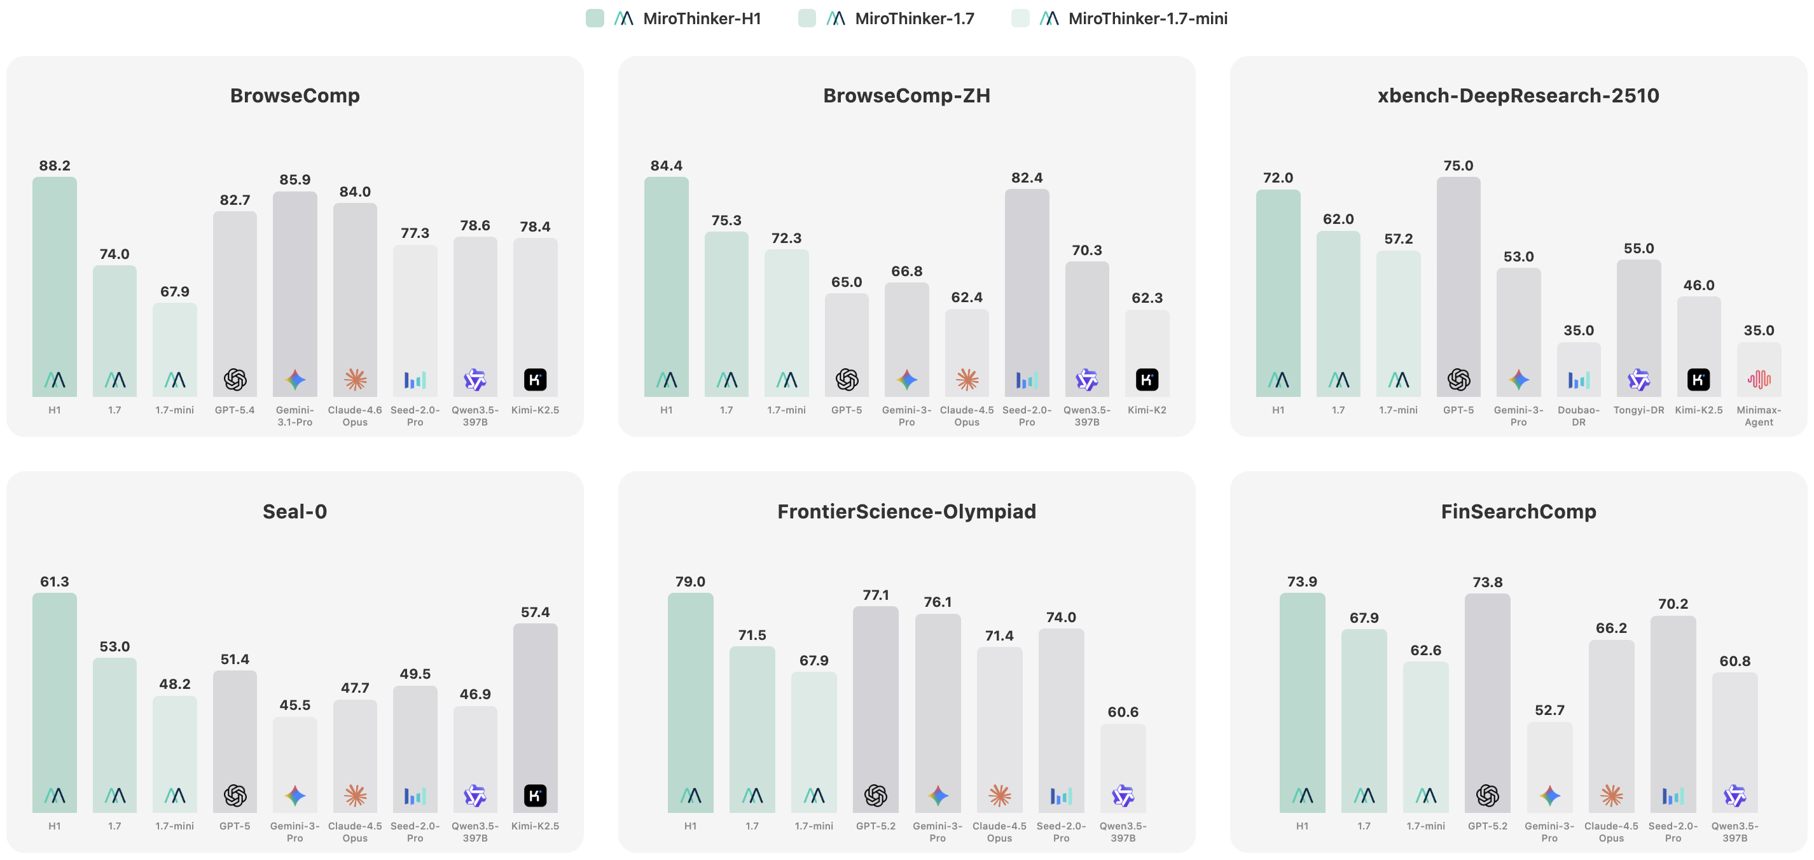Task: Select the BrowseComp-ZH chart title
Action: click(906, 96)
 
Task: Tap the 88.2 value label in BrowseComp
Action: click(54, 165)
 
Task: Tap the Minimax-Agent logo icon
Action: click(1759, 380)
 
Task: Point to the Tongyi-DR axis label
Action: click(1638, 410)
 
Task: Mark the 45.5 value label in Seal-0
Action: click(294, 705)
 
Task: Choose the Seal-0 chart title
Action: click(294, 511)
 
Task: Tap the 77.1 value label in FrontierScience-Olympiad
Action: click(875, 595)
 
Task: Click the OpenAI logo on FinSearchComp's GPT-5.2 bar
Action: click(1487, 796)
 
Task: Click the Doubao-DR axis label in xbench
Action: click(1578, 415)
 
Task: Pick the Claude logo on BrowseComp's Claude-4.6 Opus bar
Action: click(355, 380)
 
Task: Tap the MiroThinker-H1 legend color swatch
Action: click(595, 18)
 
